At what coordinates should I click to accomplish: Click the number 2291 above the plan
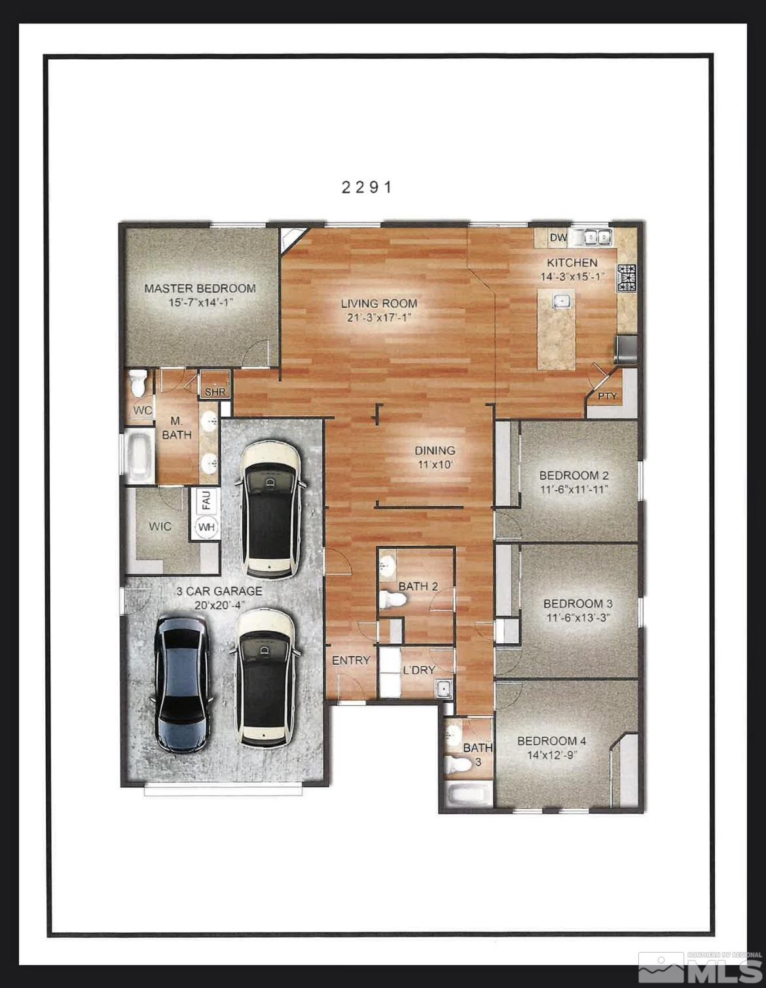367,188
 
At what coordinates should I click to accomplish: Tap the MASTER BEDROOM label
200,289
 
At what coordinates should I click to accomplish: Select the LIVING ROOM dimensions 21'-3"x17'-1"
378,318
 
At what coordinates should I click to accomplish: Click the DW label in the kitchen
558,238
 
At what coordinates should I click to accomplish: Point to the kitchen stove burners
627,277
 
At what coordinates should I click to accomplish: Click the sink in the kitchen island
561,302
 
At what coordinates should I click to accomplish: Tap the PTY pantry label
607,396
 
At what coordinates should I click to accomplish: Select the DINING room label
435,450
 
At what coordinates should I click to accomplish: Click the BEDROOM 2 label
574,476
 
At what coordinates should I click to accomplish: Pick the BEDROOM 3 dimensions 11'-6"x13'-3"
577,617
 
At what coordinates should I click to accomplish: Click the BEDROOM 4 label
551,741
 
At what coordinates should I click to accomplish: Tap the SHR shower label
215,392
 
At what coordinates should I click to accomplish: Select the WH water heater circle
206,527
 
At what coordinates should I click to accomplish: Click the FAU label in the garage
206,500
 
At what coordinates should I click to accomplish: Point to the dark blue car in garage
182,684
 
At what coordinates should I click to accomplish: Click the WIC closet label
160,526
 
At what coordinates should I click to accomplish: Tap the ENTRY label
351,660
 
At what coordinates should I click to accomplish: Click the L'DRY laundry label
419,670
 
